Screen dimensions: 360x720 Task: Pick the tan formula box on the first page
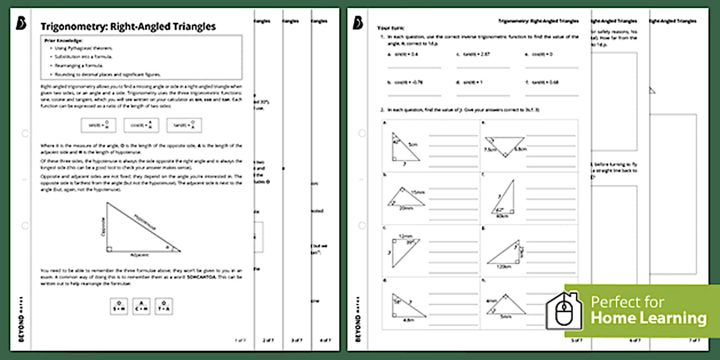pos(184,125)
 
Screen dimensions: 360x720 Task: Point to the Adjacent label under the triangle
pos(140,255)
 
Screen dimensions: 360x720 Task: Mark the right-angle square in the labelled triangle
pos(110,249)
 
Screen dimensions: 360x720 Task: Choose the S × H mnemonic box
pos(119,307)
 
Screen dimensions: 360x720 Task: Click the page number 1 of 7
pos(240,340)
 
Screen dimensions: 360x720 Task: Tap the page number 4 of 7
pos(325,340)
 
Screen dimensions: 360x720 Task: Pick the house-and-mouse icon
pos(563,310)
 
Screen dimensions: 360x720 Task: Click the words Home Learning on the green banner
pos(649,318)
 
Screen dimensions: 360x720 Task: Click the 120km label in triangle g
pos(503,267)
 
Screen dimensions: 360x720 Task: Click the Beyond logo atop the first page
pos(22,23)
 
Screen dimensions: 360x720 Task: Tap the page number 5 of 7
pos(577,340)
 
